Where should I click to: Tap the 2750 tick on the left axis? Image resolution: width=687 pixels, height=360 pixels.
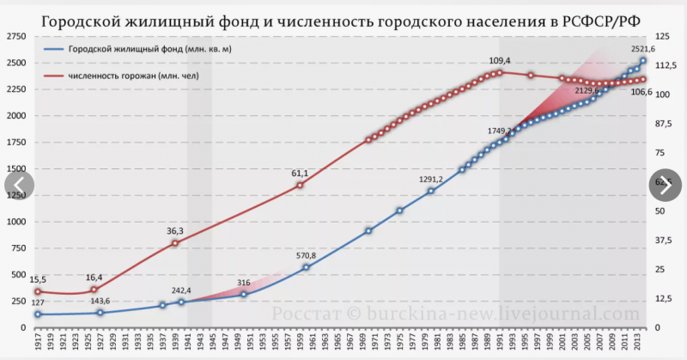(15, 37)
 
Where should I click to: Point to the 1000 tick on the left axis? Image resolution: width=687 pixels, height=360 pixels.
(15, 222)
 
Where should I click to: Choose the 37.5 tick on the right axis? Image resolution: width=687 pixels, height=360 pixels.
(664, 240)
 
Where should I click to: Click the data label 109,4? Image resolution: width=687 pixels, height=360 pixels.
(500, 61)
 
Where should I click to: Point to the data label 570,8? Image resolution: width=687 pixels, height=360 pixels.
(305, 256)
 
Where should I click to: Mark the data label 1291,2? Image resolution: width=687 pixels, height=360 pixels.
(430, 179)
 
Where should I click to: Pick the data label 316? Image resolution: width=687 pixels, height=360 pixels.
(243, 283)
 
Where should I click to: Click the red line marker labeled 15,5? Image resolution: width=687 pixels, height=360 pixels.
(37, 291)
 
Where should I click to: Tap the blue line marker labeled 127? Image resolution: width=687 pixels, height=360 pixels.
(37, 314)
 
